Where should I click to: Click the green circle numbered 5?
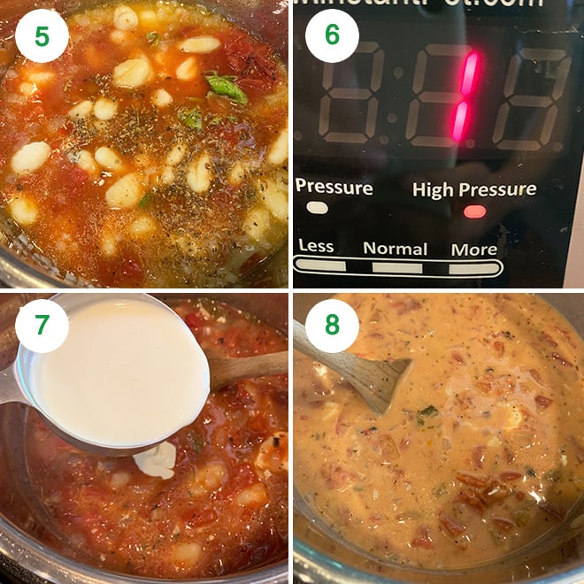[42, 36]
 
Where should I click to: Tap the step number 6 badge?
[332, 36]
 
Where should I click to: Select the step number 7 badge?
[42, 327]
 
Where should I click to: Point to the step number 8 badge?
[332, 327]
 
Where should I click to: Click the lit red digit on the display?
[465, 96]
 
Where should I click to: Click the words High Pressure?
[474, 189]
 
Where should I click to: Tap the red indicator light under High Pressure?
[474, 211]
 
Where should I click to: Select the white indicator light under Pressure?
[317, 208]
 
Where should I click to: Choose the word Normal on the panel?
[395, 249]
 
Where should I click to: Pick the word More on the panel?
[473, 249]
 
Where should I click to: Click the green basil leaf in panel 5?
[227, 87]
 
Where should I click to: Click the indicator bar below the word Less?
[320, 265]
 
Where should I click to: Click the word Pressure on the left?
[334, 188]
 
